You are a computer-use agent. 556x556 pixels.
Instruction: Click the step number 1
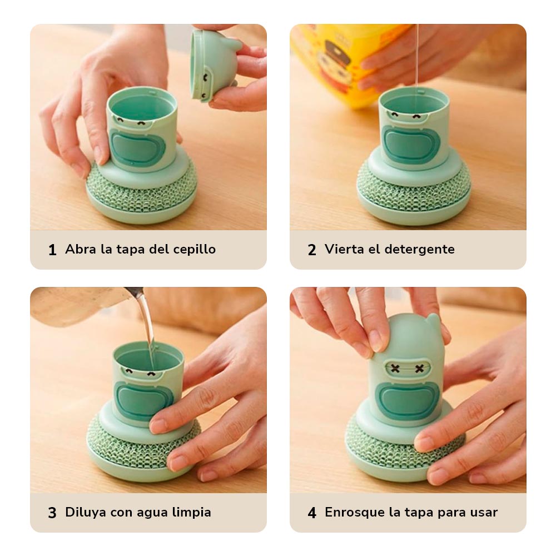[52, 250]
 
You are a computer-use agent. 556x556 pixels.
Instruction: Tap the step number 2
[312, 250]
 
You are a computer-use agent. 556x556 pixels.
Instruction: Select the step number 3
[52, 513]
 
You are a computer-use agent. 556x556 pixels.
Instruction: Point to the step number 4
[312, 513]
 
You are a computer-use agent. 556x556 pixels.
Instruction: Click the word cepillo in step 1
[194, 250]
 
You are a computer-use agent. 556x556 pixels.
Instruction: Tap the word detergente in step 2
[419, 249]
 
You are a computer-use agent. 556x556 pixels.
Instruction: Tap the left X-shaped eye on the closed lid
[395, 369]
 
